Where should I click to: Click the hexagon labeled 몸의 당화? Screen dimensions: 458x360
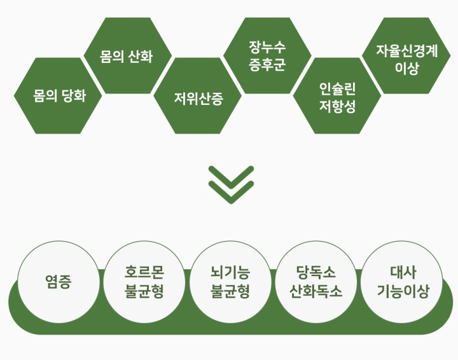pos(59,96)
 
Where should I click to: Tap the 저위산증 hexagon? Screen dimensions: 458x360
pos(198,96)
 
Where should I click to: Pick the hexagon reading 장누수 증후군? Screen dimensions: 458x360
pos(267,56)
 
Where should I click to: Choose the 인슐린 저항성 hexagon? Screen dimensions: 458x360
pos(337,96)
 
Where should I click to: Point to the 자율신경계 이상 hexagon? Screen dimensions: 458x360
pos(407,56)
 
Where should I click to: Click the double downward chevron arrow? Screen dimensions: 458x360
pos(231,184)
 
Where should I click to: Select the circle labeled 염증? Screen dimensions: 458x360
pos(58,282)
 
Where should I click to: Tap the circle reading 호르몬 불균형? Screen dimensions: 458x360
pos(144,282)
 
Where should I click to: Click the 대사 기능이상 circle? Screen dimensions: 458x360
pos(403,282)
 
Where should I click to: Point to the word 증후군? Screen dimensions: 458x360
pos(267,65)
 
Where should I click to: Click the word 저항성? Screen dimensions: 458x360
pos(337,106)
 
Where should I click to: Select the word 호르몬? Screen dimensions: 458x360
pos(144,272)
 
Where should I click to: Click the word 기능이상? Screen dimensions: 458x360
pos(403,292)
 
